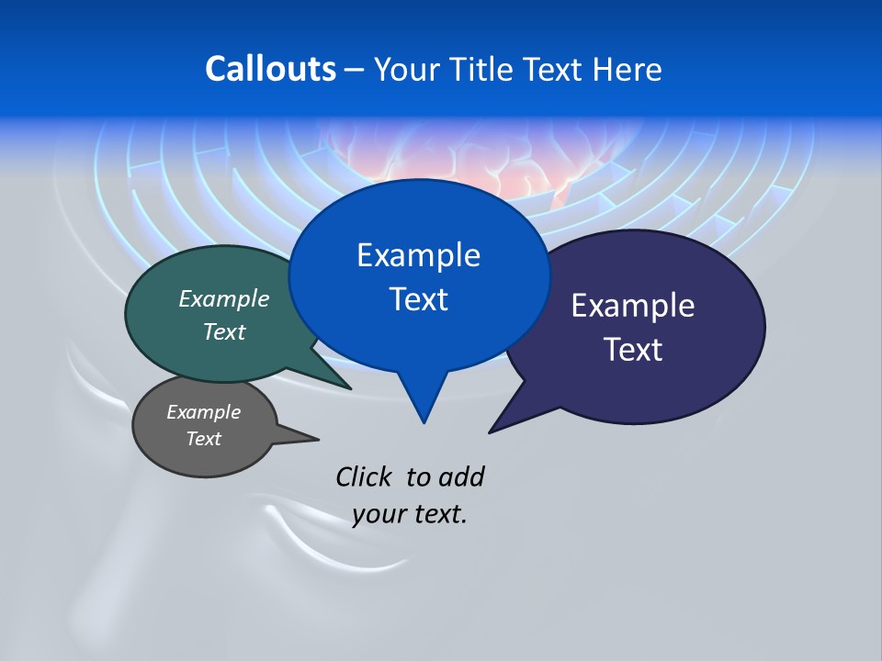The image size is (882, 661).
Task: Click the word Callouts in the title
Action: pyautogui.click(x=270, y=69)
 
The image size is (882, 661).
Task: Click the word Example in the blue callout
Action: pyautogui.click(x=418, y=255)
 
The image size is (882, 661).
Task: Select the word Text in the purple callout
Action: pyautogui.click(x=633, y=350)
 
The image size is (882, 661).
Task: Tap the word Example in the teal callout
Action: pyautogui.click(x=224, y=298)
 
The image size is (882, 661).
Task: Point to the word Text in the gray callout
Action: pyautogui.click(x=203, y=439)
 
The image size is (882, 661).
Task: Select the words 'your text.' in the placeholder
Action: pyautogui.click(x=410, y=515)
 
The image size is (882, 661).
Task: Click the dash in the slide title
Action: pyautogui.click(x=355, y=69)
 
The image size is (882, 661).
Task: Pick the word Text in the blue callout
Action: pyautogui.click(x=418, y=299)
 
